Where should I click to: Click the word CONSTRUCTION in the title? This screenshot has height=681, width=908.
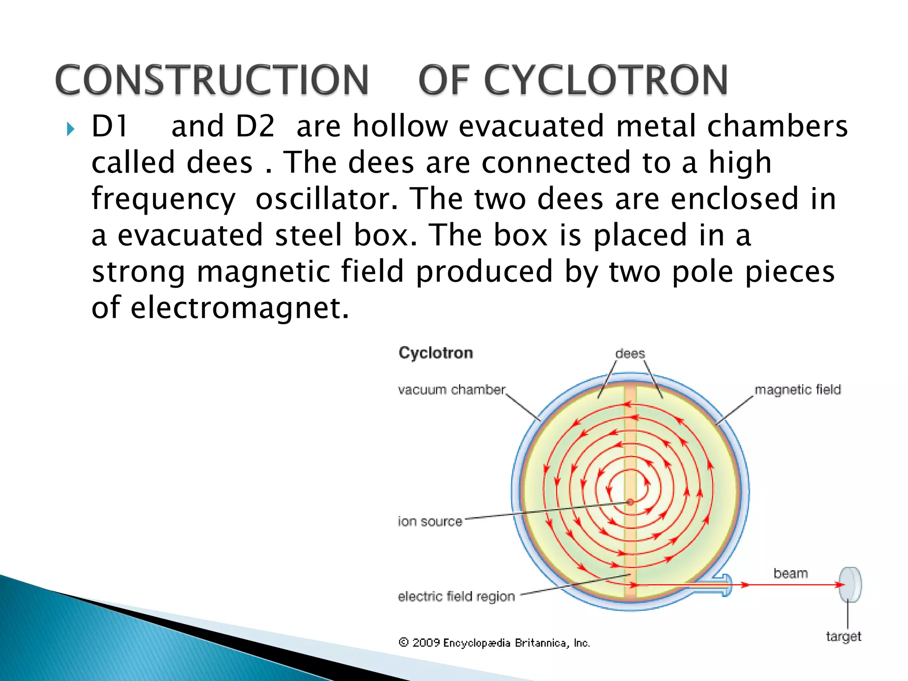point(212,80)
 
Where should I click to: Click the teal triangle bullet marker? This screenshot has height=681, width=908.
point(70,129)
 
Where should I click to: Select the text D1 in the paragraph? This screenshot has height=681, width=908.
point(110,126)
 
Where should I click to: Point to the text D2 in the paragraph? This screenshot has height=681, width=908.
point(255,126)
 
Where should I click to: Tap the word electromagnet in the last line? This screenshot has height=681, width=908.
point(239,308)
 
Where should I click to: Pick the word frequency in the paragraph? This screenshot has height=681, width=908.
point(164,200)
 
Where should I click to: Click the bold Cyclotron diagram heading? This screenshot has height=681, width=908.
point(435,353)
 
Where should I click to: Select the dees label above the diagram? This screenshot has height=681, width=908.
point(630,354)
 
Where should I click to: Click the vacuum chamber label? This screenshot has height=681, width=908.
point(451,390)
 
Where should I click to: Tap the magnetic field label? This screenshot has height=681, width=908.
point(797,390)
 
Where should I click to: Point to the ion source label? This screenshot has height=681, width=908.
point(430,521)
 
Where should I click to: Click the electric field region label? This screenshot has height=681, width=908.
point(456,596)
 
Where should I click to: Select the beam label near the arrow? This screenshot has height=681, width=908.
point(791,573)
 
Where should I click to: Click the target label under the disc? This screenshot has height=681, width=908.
point(843,637)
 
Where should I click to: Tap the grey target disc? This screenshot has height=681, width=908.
point(850,584)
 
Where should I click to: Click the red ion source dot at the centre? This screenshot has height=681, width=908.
point(630,502)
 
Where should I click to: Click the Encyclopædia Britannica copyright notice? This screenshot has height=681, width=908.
point(494,643)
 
